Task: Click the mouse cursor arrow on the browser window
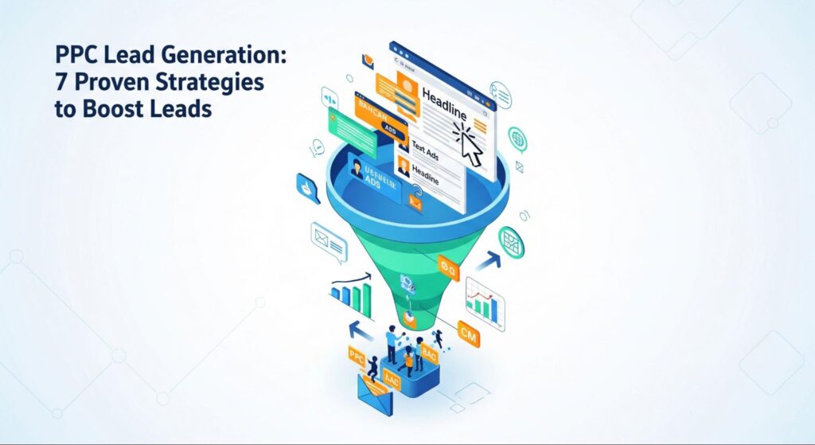pyautogui.click(x=470, y=146)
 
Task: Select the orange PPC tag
pyautogui.click(x=356, y=357)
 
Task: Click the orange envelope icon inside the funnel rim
pyautogui.click(x=415, y=203)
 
